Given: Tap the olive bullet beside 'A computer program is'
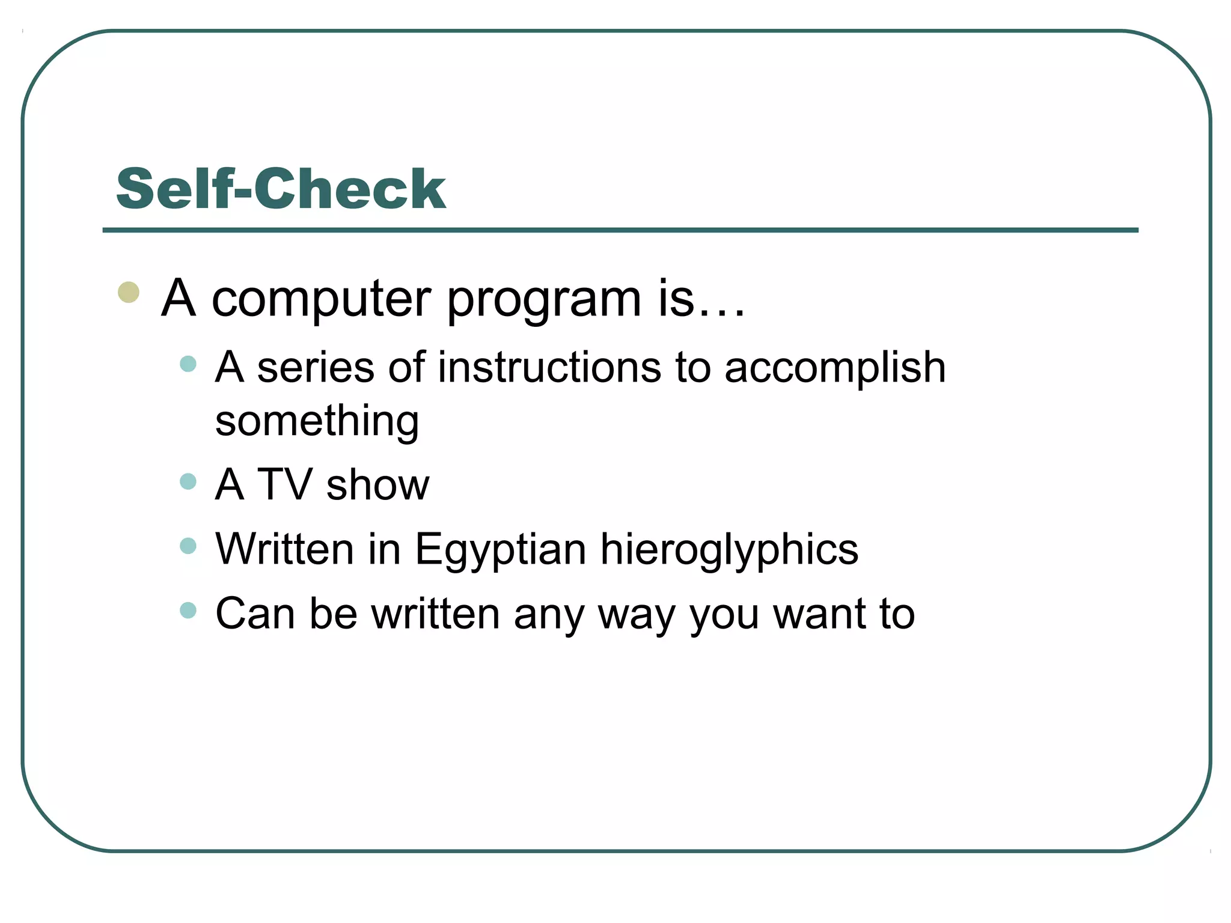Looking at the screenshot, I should coord(129,293).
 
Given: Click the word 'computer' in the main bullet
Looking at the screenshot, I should coord(321,299).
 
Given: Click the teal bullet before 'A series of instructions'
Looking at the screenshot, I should coord(188,364).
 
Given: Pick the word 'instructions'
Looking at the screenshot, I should coord(549,367).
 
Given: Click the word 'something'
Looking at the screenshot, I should coord(317,422).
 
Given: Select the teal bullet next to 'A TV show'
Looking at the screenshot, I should coord(188,481).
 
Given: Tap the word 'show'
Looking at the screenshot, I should coord(377,484).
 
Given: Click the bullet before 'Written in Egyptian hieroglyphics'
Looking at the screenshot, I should coord(188,546).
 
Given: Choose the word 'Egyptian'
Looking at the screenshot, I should coord(500,550).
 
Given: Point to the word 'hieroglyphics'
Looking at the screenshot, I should coord(729,550).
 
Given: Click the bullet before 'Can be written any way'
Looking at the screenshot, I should coord(188,610).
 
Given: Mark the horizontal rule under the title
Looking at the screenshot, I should coord(620,230).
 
